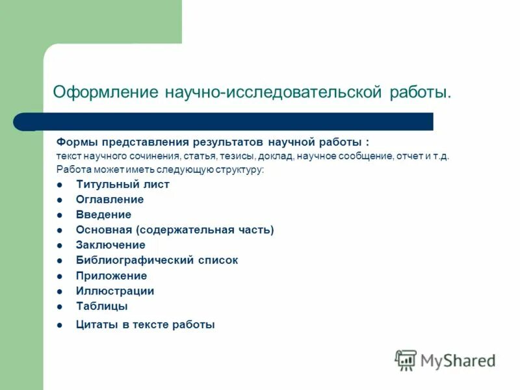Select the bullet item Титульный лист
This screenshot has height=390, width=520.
[122, 185]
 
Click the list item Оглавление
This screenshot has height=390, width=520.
[109, 200]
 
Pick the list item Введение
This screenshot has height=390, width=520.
[103, 214]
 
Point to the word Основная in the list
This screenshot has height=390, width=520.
[104, 230]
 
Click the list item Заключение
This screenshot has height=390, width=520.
[110, 245]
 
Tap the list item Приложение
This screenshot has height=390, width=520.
[111, 276]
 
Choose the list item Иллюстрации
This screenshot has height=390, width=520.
[114, 291]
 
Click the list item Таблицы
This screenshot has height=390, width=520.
[101, 306]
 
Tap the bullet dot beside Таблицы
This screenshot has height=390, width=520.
[59, 307]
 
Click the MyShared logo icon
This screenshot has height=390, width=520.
[406, 360]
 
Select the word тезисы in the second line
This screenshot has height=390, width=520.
[239, 156]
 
